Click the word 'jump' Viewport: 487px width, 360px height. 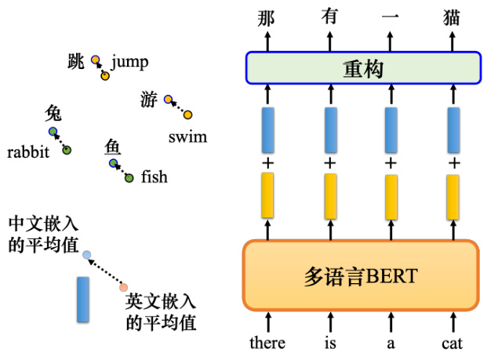130,63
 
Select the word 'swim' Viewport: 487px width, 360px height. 187,137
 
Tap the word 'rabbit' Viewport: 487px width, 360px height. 28,152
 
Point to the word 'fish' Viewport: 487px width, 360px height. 154,176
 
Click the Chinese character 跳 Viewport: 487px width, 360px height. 76,61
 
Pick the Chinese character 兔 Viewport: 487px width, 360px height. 53,113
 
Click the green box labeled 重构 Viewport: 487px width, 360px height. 363,68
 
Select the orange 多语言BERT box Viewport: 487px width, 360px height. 361,275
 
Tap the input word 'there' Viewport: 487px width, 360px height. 267,343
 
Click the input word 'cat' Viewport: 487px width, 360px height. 452,344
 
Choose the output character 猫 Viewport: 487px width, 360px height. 451,18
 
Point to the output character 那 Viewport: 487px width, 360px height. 266,19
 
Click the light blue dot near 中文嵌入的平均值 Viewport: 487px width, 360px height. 86,255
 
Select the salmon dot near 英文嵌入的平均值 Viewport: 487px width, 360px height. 124,287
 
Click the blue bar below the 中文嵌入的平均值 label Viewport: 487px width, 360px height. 83,300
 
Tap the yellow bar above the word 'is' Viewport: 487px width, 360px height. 330,196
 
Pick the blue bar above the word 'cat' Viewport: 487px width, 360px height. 453,130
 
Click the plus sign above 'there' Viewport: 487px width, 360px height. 267,163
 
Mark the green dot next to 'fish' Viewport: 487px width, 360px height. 129,178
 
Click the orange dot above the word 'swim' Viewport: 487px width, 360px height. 187,115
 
